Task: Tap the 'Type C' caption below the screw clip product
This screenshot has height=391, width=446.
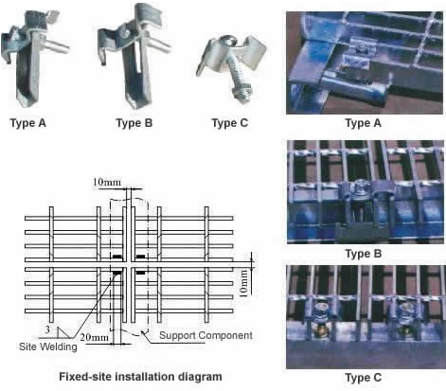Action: pyautogui.click(x=229, y=122)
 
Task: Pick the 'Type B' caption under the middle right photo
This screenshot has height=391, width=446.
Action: pyautogui.click(x=362, y=253)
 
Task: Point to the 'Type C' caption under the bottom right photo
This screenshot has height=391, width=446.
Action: pyautogui.click(x=362, y=378)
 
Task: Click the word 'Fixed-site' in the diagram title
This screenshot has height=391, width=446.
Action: pyautogui.click(x=84, y=376)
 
